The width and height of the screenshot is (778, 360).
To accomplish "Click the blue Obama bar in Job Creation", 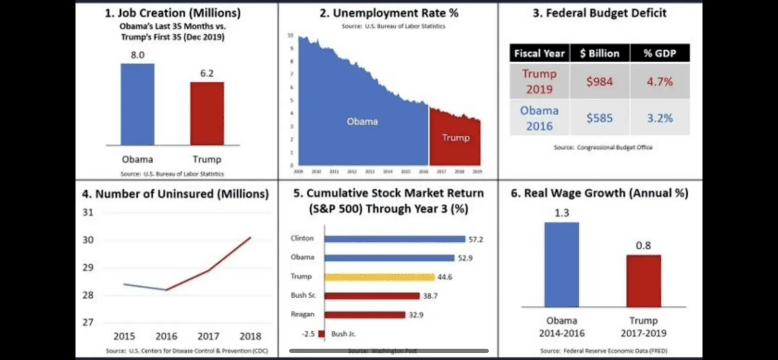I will [138, 104].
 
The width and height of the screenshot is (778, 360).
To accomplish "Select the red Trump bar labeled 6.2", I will [207, 113].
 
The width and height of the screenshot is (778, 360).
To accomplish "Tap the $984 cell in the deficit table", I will [600, 81].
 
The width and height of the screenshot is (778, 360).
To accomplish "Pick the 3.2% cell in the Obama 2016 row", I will [660, 118].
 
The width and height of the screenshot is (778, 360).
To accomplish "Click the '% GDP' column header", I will [660, 53].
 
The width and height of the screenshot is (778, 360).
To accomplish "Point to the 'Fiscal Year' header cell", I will [539, 53].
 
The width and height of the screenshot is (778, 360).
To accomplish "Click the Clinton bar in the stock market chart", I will [395, 239].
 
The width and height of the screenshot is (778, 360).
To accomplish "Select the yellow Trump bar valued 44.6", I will [379, 277].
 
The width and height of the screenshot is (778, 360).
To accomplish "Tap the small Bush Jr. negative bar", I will [321, 334].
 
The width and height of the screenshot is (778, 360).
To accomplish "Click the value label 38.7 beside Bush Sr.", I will [430, 296].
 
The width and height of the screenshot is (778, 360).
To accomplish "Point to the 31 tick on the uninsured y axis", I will [88, 212].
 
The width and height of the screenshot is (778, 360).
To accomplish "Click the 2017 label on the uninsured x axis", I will [208, 336].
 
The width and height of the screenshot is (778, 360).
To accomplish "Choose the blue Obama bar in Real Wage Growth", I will [562, 265].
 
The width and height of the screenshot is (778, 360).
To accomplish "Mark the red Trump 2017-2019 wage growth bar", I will [643, 281].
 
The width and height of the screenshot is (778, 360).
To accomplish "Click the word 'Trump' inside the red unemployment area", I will [456, 138].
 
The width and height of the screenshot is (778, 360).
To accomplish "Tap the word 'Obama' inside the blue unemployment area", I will [362, 122].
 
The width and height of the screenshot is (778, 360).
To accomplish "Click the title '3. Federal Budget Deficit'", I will [600, 13].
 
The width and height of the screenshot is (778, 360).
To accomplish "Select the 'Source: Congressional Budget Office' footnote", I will [603, 147].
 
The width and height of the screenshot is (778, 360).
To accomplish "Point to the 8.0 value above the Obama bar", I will [138, 55].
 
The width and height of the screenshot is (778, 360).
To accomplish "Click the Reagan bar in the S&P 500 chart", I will [365, 315].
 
